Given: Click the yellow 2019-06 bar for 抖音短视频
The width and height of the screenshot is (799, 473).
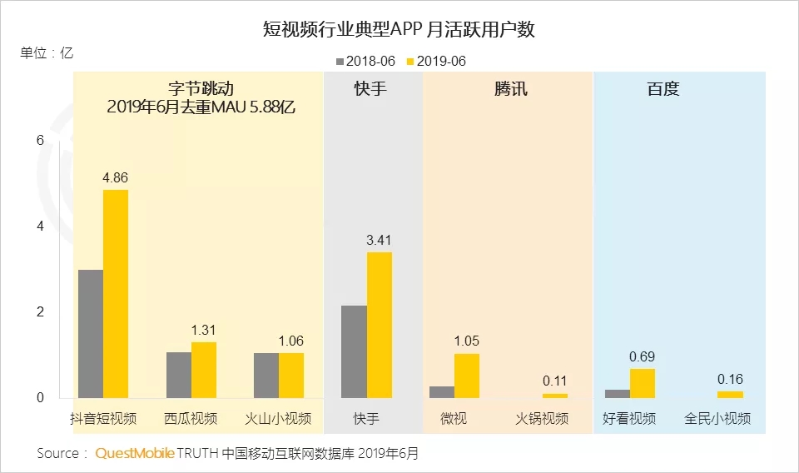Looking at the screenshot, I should pos(116,294).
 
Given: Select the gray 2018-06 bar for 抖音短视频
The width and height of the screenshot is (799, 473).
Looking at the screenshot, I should pos(90,334).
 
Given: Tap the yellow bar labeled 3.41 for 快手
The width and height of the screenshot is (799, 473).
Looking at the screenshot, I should pos(379,325).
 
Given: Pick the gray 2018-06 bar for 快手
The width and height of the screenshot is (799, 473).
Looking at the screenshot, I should pos(354,351).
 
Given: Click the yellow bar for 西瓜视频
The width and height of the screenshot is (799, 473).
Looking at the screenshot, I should pos(204,370).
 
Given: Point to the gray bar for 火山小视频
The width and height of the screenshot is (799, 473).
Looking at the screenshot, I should pos(266,376).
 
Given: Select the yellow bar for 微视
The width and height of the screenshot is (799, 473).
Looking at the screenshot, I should pos(467,376).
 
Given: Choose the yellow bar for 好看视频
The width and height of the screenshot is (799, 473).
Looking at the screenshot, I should pos(642,383).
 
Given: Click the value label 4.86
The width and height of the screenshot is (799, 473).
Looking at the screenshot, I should pos(115,177).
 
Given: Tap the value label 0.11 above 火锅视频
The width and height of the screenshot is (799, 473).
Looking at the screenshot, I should pos(554,381).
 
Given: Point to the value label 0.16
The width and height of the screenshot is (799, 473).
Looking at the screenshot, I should pos(730,379).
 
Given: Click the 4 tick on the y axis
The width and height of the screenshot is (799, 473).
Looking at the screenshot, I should pos(38,227).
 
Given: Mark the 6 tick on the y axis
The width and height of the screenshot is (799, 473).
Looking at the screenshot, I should pos(38,140).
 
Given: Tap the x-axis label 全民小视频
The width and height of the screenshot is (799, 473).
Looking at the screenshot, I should pos(717,418).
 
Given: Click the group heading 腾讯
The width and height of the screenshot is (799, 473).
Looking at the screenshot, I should pos(511,89).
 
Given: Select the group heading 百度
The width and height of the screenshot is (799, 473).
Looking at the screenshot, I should pos(663,89).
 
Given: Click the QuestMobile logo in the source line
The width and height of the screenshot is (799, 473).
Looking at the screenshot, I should pos(135,454).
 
